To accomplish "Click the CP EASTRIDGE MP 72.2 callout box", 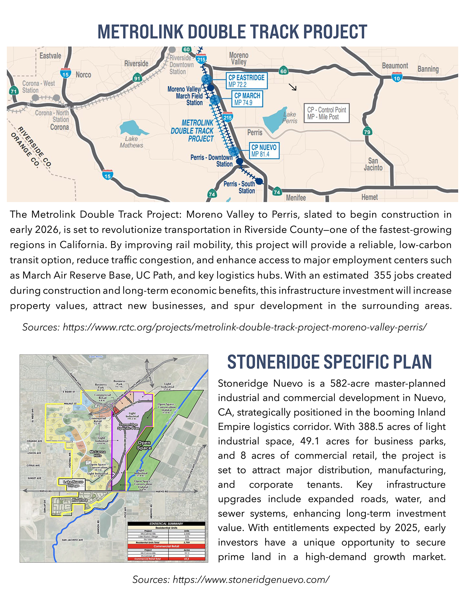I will click(x=246, y=81).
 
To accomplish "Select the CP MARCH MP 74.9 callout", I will click(x=247, y=99).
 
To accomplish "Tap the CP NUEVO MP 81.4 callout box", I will click(x=264, y=151).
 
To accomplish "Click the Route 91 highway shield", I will click(x=137, y=78).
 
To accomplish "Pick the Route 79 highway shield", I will click(x=367, y=131).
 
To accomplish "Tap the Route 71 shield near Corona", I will click(x=13, y=91).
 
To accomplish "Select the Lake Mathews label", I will click(x=131, y=142).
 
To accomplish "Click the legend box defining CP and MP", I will click(x=326, y=113).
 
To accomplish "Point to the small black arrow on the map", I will click(x=293, y=87).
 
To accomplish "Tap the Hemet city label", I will click(x=370, y=197).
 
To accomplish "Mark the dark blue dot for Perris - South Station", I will click(x=259, y=181).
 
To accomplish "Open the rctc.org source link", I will click(x=245, y=327).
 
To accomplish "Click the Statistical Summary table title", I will click(x=166, y=524).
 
